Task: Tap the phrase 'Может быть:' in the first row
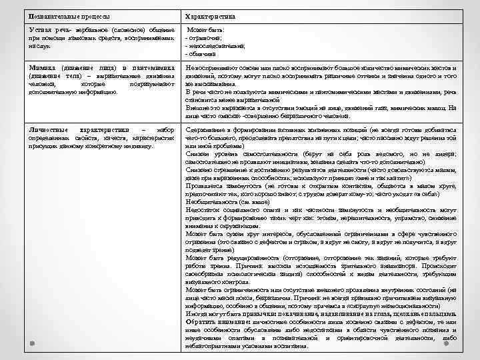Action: pyautogui.click(x=208, y=31)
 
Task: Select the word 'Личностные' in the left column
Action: pyautogui.click(x=49, y=129)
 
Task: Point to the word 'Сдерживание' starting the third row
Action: pyautogui.click(x=206, y=129)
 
